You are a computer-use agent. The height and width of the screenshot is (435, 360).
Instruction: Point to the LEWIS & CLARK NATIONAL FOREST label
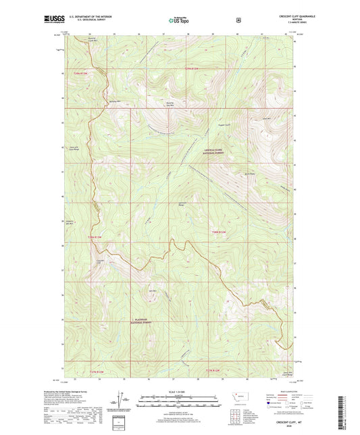tap(214, 152)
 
